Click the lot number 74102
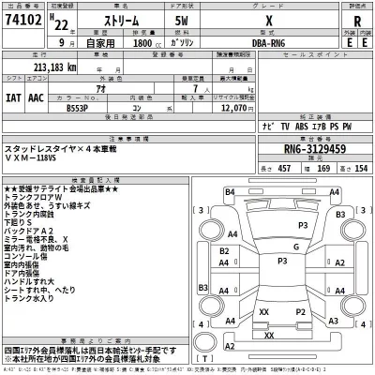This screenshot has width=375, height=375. tap(25, 22)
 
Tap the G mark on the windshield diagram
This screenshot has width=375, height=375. tap(295, 246)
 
